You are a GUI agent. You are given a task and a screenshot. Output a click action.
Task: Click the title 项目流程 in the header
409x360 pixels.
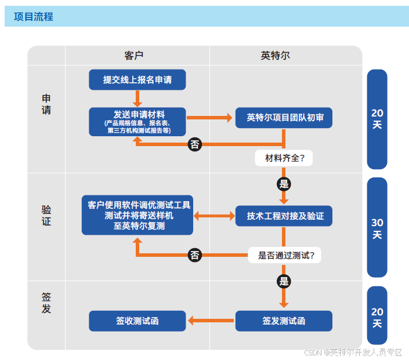point(34,17)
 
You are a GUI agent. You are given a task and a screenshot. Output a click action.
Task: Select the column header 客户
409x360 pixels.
point(134,56)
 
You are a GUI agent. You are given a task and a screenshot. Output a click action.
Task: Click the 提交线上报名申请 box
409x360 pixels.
point(137,80)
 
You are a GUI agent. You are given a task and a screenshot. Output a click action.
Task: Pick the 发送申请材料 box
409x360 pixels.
point(137,121)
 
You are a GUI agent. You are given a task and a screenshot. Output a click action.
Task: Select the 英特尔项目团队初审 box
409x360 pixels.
point(284,118)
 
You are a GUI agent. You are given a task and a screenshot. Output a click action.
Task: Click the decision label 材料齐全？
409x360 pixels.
point(284,158)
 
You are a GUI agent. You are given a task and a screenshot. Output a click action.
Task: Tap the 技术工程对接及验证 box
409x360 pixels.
point(284,216)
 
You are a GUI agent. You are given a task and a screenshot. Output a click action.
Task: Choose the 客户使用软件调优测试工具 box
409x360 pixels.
point(137,215)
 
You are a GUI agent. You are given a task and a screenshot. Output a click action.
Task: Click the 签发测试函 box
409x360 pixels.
point(284,321)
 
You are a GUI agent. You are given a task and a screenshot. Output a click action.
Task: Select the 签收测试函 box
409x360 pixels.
point(137,321)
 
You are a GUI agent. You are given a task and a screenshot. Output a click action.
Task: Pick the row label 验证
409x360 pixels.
point(46,215)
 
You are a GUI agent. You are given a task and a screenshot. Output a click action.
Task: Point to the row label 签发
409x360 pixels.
point(46,303)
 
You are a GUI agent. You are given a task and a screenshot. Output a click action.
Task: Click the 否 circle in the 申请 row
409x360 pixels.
point(195,144)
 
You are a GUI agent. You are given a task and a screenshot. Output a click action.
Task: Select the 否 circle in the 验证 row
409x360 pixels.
point(195,254)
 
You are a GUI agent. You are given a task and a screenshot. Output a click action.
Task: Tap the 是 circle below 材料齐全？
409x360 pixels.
point(284,184)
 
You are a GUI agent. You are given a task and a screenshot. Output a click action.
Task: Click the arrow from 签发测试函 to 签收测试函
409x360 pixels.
point(211,321)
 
